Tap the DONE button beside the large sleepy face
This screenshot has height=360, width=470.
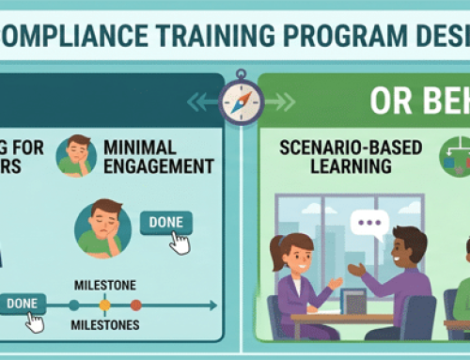pyautogui.click(x=165, y=222)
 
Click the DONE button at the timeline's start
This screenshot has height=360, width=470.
pyautogui.click(x=23, y=303)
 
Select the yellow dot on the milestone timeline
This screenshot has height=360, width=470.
pyautogui.click(x=104, y=305)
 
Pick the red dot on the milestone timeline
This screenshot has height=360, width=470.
pyautogui.click(x=135, y=305)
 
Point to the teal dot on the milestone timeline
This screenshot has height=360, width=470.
pyautogui.click(x=73, y=305)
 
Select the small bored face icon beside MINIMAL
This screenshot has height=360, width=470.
pyautogui.click(x=77, y=155)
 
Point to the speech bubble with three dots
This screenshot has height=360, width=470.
pyautogui.click(x=369, y=225)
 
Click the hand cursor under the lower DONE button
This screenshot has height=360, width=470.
pyautogui.click(x=36, y=321)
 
